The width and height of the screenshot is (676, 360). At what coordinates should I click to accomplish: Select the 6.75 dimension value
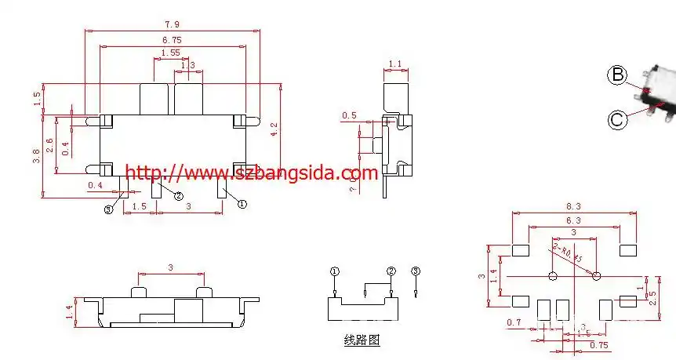point(173,38)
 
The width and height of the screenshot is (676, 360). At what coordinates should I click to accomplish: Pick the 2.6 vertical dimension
point(50,144)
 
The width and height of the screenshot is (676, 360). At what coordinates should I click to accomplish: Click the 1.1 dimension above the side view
point(395,64)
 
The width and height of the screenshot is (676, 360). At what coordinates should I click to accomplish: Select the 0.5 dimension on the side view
point(349,116)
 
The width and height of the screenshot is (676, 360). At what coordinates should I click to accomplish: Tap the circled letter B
point(618,75)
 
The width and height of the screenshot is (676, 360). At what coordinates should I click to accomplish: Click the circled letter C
point(618,119)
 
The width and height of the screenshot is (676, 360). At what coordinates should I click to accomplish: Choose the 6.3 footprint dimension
point(573,221)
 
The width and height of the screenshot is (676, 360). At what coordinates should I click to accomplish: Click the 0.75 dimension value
point(598,344)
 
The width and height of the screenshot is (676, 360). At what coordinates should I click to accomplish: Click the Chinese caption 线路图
point(362,340)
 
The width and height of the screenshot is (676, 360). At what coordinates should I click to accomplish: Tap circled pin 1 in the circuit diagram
point(335,271)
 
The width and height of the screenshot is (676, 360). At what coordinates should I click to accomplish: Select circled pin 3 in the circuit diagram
point(416,271)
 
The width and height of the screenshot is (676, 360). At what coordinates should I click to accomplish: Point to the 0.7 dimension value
point(514,323)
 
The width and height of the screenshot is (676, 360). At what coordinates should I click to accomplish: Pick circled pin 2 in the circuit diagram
point(391,271)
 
